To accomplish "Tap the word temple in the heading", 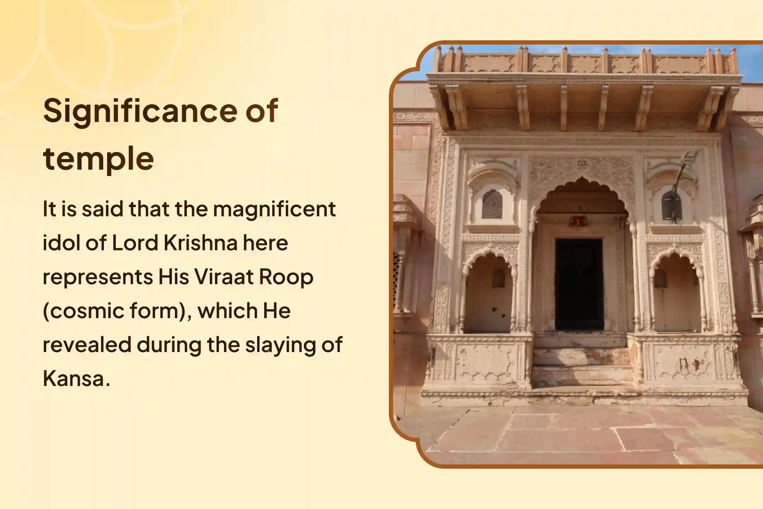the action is point(99,158).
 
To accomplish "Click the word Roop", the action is point(286,277).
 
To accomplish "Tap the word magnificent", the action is point(274,209).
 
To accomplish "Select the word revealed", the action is point(87,345).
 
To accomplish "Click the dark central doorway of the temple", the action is point(579,284).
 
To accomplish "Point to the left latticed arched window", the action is point(492,204).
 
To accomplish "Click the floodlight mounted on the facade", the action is point(691,157).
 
